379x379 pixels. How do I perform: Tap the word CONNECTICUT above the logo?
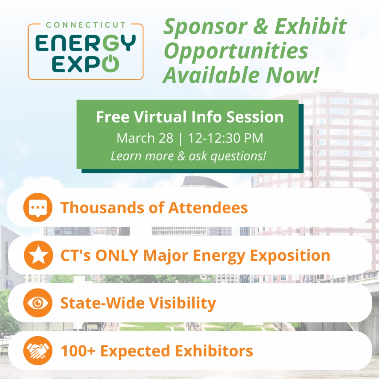86,25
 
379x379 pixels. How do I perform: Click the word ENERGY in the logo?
86,43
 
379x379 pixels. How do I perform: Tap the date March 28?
145,138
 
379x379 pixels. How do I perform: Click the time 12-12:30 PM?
226,138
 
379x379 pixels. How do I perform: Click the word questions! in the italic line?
238,156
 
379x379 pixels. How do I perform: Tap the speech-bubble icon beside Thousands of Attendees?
38,208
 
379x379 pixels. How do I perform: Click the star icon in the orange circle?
39,255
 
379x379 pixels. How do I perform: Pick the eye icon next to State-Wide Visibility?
38,303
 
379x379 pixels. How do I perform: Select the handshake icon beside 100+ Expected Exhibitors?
38,351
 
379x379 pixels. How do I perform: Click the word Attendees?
208,208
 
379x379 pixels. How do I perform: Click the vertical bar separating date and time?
181,139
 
